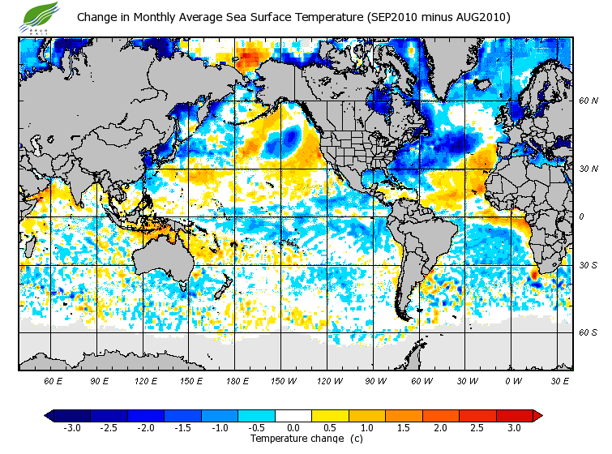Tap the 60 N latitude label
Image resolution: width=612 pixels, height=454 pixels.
tap(588, 101)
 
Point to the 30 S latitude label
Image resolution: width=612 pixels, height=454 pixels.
tap(588, 265)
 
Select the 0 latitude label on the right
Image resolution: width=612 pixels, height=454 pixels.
tap(582, 216)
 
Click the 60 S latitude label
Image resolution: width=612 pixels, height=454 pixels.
tap(588, 332)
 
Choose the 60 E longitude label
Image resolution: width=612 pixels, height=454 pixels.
tap(53, 380)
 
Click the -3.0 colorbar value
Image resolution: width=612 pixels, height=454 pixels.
tap(71, 427)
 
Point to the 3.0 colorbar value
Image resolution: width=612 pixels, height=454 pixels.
tap(514, 427)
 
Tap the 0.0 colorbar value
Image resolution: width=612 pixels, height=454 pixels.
tap(293, 427)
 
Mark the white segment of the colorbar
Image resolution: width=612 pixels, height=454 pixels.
tap(293, 415)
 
